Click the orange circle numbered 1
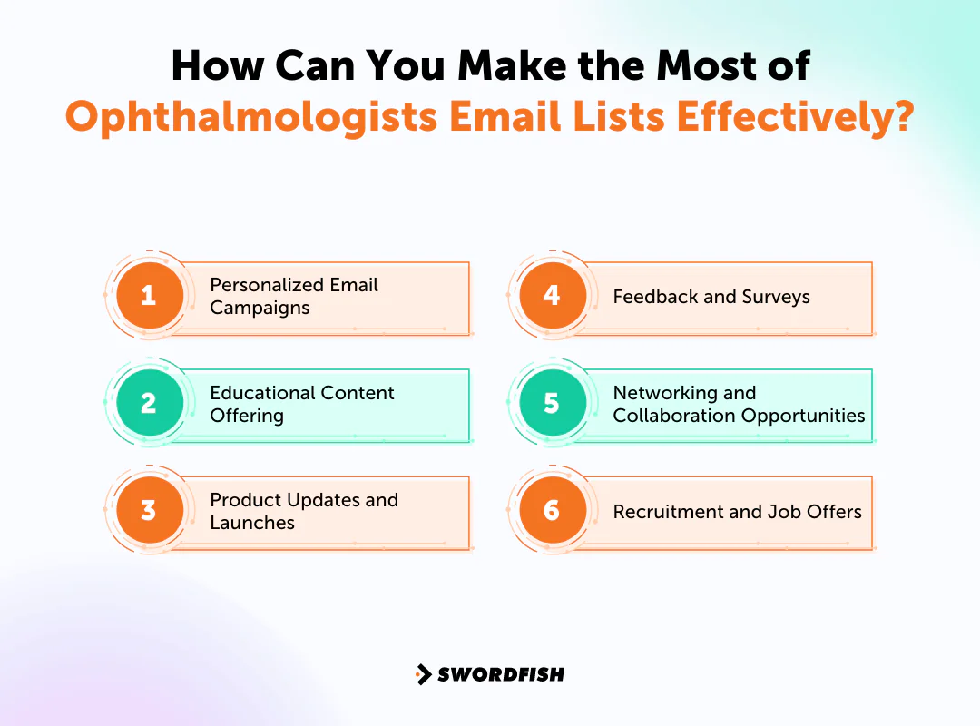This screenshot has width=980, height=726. tap(149, 296)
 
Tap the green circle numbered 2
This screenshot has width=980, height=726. tap(149, 403)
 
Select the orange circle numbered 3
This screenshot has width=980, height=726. tap(149, 510)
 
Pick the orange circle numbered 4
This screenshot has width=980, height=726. tap(552, 296)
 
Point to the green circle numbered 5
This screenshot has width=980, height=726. tap(552, 403)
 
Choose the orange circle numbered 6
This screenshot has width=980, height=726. tap(552, 510)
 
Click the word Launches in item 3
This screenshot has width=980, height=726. tap(252, 523)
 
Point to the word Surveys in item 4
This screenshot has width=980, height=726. tap(774, 297)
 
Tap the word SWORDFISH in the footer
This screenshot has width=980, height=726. tap(501, 674)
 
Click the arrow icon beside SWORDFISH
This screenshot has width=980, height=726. tap(423, 674)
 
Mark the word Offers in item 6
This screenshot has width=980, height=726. tap(834, 512)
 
